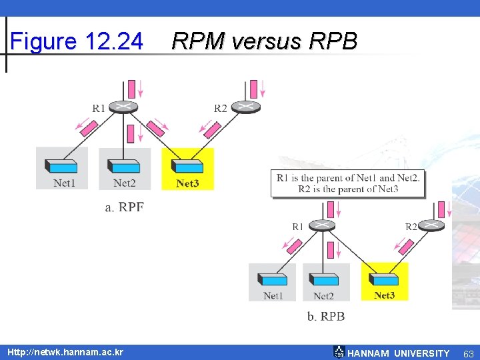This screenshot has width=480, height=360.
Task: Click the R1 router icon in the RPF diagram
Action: click(125, 107)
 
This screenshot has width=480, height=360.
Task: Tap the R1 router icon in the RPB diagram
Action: click(322, 225)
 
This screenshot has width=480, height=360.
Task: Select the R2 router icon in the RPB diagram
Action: click(431, 225)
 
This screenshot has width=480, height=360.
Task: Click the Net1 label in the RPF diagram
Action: click(64, 183)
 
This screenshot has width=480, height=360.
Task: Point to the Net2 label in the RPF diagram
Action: click(125, 183)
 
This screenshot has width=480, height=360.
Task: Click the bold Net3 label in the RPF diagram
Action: click(187, 183)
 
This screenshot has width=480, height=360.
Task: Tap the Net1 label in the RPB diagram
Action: click(273, 296)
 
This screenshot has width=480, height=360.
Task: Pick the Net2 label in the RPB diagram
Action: click(323, 296)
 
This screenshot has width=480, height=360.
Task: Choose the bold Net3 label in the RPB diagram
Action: click(385, 295)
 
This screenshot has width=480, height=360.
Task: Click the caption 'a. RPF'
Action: click(125, 207)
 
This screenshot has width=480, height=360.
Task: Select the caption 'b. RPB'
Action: click(326, 317)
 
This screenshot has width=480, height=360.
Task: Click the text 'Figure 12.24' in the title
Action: click(77, 42)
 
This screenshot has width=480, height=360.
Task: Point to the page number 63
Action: click(469, 353)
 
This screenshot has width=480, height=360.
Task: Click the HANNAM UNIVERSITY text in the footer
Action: click(398, 353)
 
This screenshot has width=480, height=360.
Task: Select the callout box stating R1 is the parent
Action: click(347, 183)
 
